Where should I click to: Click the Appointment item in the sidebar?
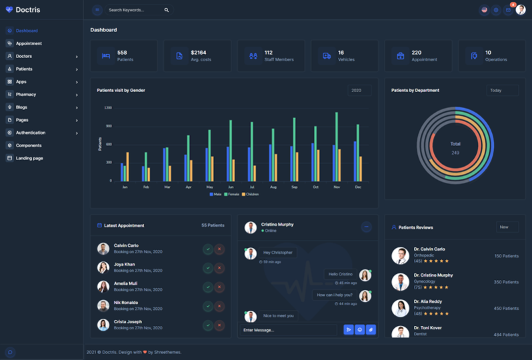(x=29, y=43)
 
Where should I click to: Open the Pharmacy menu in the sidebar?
(x=26, y=95)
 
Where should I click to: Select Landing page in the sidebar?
(x=29, y=158)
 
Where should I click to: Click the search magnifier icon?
(x=167, y=10)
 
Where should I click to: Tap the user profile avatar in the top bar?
(x=521, y=10)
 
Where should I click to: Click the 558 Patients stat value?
(x=122, y=53)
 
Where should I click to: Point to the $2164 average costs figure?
(x=198, y=53)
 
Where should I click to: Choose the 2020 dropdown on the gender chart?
(x=359, y=90)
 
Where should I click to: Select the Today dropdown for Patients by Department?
(x=501, y=90)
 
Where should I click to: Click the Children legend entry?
(x=250, y=194)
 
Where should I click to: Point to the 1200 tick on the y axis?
(x=108, y=108)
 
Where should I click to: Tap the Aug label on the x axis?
(x=273, y=187)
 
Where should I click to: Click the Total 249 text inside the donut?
(x=455, y=148)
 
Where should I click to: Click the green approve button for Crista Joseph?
(x=208, y=325)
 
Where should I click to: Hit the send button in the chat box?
(x=348, y=329)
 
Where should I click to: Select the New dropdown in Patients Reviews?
(x=507, y=227)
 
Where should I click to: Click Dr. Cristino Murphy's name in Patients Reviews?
(x=433, y=275)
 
